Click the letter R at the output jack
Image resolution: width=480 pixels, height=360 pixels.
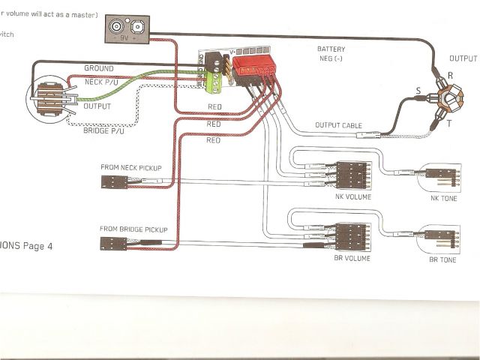[x=450, y=75]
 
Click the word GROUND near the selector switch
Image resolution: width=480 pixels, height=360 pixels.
[x=98, y=68]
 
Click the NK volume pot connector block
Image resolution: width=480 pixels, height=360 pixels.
[x=351, y=175]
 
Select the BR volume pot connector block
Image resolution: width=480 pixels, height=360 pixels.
[x=351, y=235]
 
